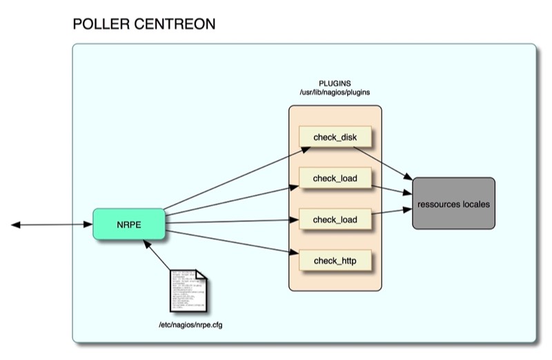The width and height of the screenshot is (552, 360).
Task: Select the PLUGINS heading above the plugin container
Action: (x=335, y=83)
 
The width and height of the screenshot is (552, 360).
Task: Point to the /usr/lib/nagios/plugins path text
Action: (x=335, y=92)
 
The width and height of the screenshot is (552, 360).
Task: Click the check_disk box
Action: (x=335, y=138)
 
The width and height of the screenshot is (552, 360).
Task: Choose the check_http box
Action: (x=335, y=261)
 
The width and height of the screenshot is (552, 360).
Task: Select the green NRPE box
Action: (x=128, y=224)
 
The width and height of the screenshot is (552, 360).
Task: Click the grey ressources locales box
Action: (x=453, y=203)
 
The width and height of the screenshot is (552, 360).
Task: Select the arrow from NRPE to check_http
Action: (x=231, y=244)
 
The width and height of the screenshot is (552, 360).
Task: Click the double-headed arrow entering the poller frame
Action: (x=52, y=225)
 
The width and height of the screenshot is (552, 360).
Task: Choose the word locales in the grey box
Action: (x=477, y=205)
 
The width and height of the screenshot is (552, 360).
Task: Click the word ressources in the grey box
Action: (x=440, y=205)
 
